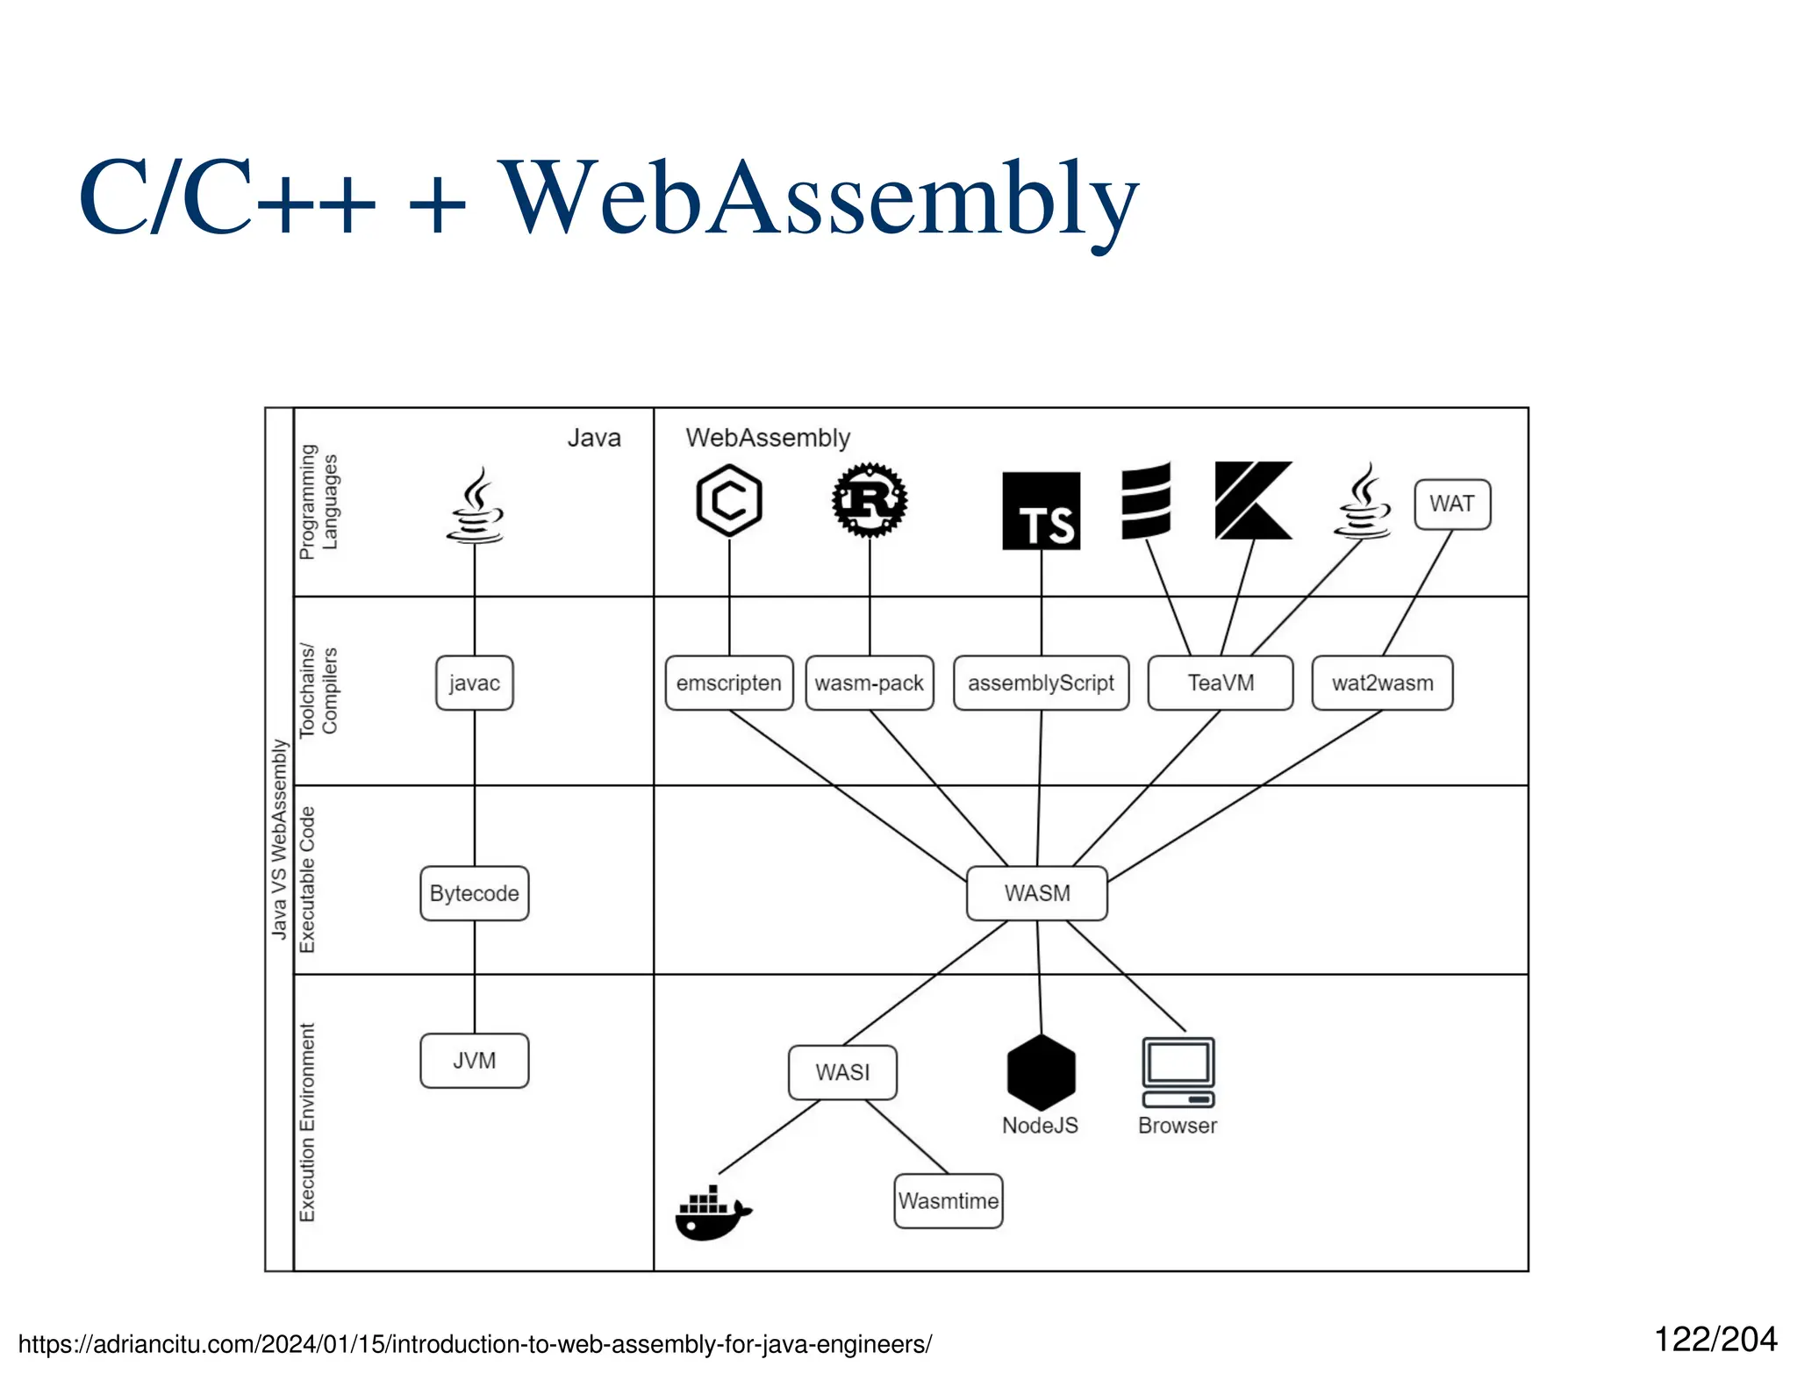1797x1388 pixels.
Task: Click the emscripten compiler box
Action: point(728,683)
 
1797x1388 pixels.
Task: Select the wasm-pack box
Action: point(869,683)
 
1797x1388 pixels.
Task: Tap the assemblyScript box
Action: point(1041,683)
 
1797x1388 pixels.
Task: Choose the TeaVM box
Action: point(1220,683)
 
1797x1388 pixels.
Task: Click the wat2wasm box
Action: point(1382,683)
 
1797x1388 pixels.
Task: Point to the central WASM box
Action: point(1036,893)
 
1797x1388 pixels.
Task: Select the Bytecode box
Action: point(474,893)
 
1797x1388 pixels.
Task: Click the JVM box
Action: point(474,1061)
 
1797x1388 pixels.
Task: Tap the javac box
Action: point(474,683)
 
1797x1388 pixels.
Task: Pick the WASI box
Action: point(842,1072)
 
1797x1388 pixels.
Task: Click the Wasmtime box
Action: point(948,1201)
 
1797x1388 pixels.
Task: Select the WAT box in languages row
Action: point(1452,504)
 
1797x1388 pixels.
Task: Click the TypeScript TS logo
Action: point(1041,512)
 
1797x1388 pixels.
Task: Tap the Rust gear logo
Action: point(869,500)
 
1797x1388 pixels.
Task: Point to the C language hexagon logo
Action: point(728,501)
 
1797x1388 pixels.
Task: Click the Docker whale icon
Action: point(711,1213)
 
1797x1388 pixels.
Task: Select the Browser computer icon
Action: point(1178,1072)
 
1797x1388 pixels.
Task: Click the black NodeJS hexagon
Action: point(1041,1072)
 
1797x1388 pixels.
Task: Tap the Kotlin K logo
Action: point(1252,500)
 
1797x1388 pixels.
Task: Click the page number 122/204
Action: point(1715,1340)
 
